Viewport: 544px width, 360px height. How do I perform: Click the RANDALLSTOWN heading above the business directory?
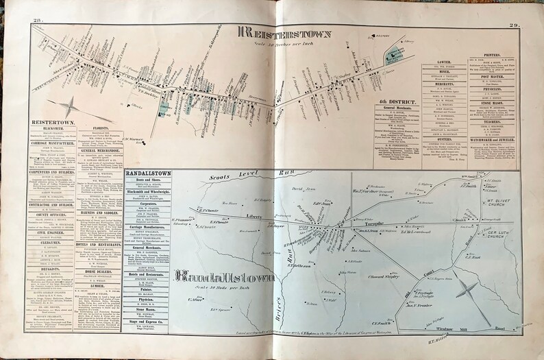pos(149,173)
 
